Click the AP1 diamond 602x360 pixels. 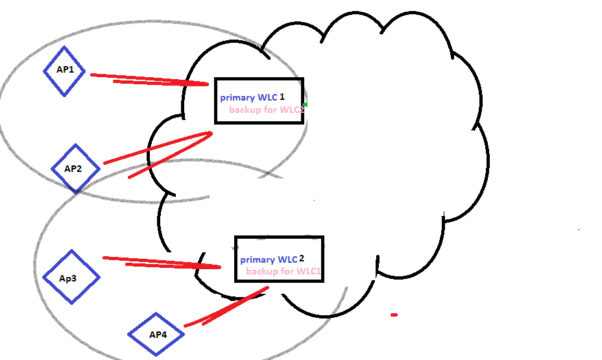(x=64, y=71)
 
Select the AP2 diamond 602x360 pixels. (x=76, y=169)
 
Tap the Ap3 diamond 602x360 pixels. (x=71, y=277)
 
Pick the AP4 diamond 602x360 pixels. (x=156, y=335)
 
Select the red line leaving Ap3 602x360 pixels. (x=162, y=262)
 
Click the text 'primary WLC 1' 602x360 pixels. (x=252, y=97)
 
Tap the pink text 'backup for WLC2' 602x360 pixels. (x=266, y=110)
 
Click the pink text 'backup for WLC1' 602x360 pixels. (x=283, y=271)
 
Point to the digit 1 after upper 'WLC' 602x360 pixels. (x=282, y=97)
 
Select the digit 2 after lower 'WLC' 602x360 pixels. (x=302, y=258)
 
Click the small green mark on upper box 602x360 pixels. (x=305, y=104)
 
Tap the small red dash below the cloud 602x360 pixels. (x=394, y=315)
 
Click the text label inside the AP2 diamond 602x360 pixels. (x=73, y=169)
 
